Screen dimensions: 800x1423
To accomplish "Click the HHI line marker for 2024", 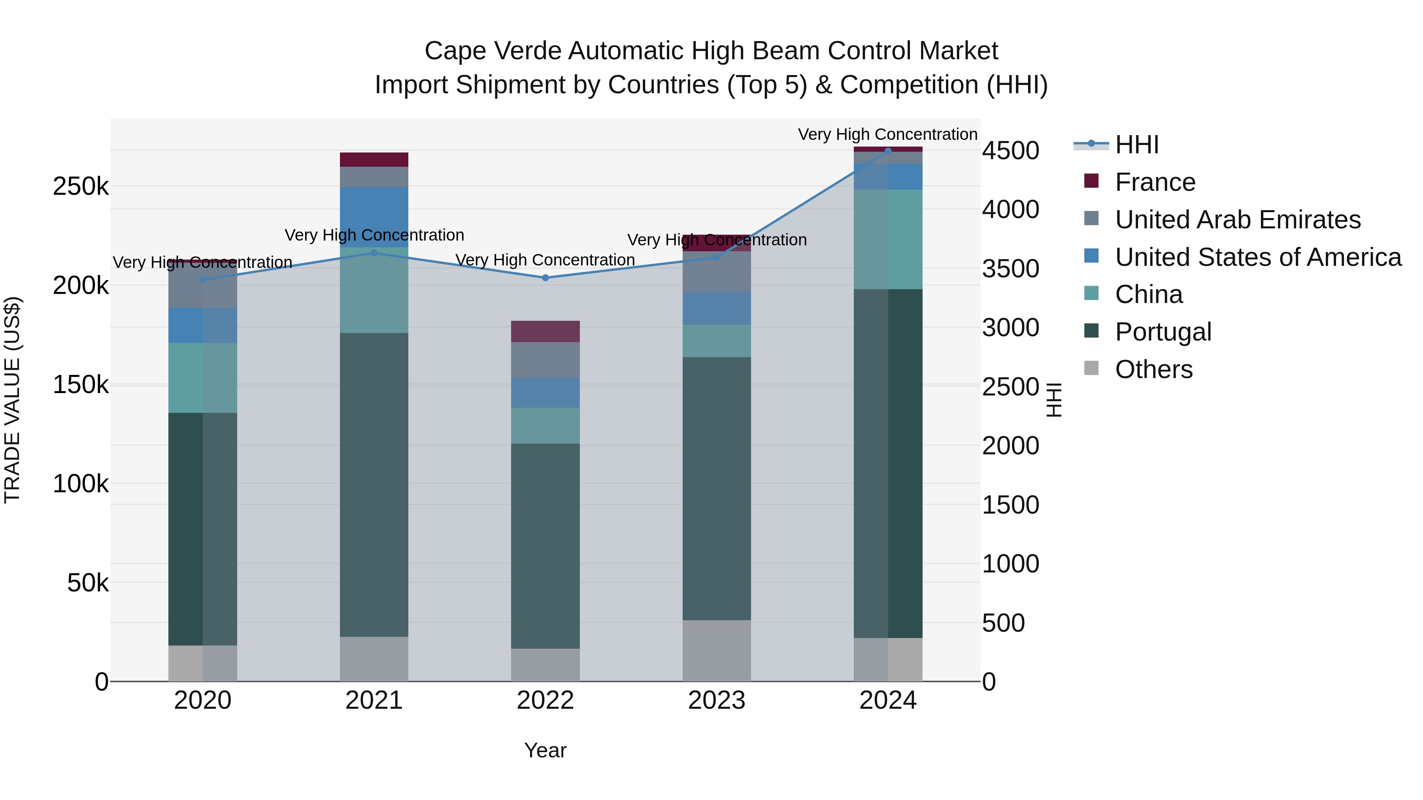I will click(888, 151).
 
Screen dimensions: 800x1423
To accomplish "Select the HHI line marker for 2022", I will click(545, 278).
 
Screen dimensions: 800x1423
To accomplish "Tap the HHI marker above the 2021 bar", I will click(374, 253).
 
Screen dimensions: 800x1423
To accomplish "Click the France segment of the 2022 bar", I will click(545, 331).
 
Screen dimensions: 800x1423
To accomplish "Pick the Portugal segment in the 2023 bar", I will click(717, 489).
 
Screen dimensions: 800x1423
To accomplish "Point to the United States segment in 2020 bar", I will click(203, 325).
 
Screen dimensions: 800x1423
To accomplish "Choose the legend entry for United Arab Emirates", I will click(1237, 220).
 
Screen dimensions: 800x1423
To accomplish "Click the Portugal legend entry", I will click(1163, 332).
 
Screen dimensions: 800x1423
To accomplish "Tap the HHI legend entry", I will click(1136, 145).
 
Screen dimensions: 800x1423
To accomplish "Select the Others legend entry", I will click(1153, 369).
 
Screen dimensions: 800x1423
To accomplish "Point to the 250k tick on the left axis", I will click(81, 186).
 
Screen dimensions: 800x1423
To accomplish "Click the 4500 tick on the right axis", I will click(1010, 151).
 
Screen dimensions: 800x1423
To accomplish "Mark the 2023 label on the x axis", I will click(717, 700).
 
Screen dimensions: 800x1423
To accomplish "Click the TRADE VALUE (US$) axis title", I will click(12, 400).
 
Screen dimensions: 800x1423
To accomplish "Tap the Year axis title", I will click(545, 750).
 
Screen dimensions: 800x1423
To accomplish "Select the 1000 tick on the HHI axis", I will click(1010, 564).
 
